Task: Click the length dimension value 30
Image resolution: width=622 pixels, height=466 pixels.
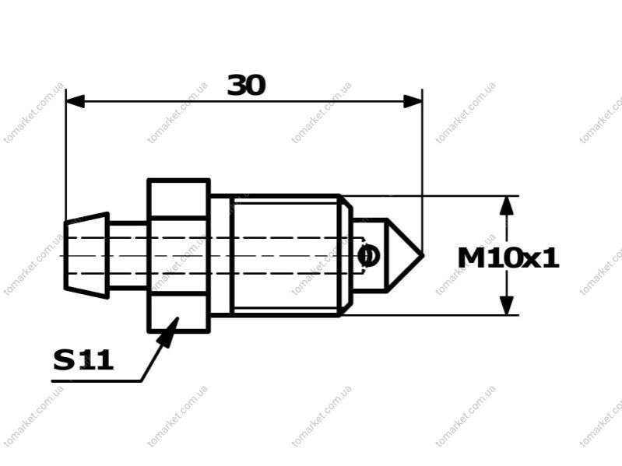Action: click(246, 86)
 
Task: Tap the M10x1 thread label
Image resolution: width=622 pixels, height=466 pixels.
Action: click(508, 258)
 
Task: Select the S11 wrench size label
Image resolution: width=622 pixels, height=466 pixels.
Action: click(83, 360)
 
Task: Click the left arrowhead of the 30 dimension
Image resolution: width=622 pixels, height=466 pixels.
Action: click(76, 101)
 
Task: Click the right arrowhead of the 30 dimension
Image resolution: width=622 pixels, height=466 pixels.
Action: click(413, 101)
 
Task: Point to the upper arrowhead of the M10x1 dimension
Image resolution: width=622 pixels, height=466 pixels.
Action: click(506, 206)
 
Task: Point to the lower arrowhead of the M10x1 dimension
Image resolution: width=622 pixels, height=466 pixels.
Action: click(506, 306)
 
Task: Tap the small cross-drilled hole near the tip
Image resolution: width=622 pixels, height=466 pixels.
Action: click(368, 256)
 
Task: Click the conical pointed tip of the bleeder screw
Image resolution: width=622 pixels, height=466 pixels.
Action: click(402, 256)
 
